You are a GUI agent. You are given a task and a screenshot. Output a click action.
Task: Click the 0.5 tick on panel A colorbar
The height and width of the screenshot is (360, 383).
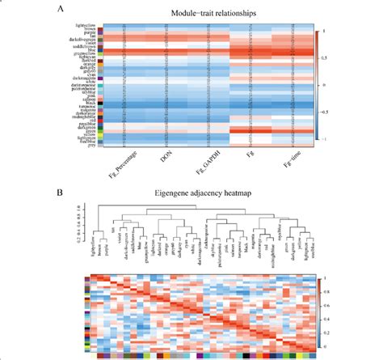click(324, 57)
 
